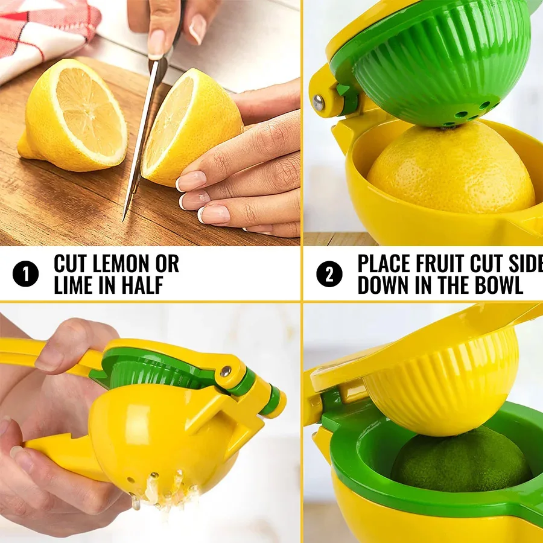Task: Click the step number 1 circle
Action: coord(25,275)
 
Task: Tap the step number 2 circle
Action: coord(329,275)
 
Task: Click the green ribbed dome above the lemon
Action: coord(434,66)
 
